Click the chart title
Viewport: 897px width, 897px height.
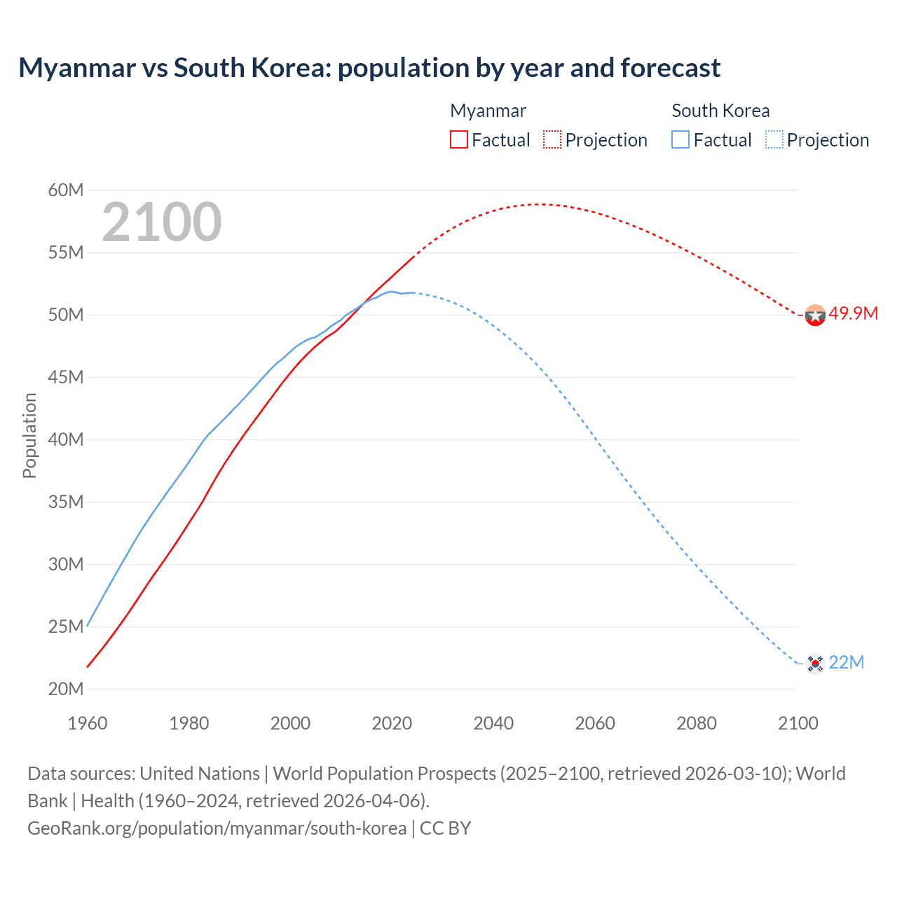coord(369,68)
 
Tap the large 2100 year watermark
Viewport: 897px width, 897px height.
coord(162,222)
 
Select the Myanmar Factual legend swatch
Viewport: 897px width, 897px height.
coord(458,139)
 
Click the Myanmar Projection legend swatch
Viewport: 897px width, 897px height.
coord(552,139)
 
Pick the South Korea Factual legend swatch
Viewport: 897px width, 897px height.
coord(680,139)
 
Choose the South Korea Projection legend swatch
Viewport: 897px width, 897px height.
coord(774,139)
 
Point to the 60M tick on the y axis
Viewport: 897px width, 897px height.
coord(66,190)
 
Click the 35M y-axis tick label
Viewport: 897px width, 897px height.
coord(66,502)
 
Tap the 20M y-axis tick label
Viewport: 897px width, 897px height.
coord(66,689)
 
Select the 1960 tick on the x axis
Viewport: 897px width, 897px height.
coord(88,723)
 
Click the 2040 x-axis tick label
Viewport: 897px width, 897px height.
coord(493,723)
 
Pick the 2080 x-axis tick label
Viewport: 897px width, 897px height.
coord(697,723)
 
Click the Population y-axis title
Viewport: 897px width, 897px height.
coord(29,435)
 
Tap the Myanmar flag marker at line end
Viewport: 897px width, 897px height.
coord(815,315)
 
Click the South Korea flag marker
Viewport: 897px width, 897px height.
coord(815,663)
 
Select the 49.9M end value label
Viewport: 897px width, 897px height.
coord(853,313)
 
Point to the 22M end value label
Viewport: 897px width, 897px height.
coord(846,662)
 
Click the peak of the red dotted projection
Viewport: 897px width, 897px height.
coord(537,204)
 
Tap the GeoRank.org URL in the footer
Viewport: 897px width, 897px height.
coord(217,828)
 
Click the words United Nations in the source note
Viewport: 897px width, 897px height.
coord(200,774)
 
